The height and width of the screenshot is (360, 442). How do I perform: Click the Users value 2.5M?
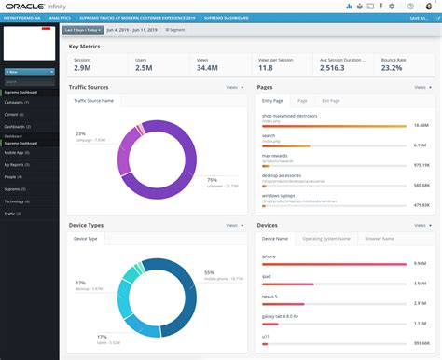(144, 67)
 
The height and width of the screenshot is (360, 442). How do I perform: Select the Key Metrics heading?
(85, 45)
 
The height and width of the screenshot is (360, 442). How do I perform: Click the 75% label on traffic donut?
(212, 180)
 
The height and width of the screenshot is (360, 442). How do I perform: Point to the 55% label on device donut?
(210, 272)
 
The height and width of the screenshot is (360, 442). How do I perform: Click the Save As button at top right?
(419, 18)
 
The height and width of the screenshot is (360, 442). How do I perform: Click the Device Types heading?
(87, 226)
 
